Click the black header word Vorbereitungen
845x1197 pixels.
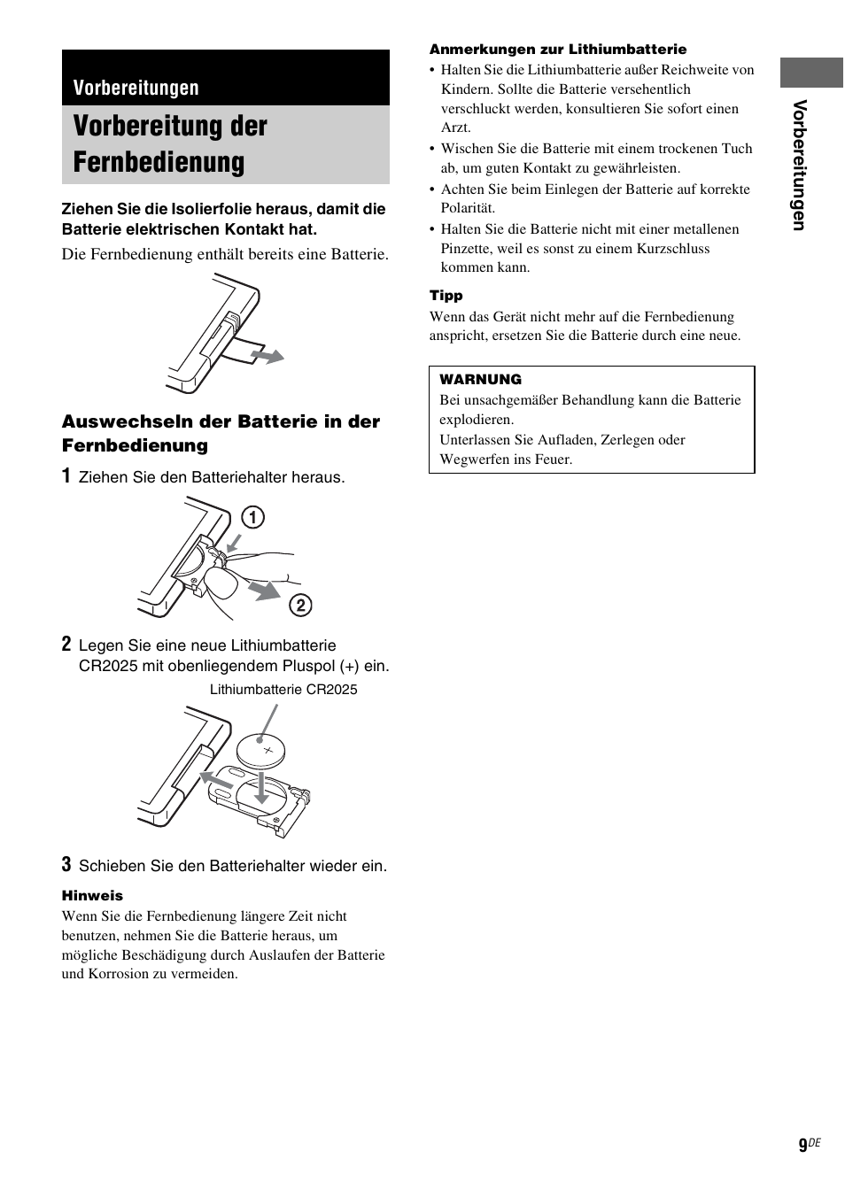tap(136, 88)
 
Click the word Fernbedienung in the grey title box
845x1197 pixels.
tap(159, 162)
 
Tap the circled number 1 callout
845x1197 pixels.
tap(253, 516)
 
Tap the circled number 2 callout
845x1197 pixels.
tap(301, 605)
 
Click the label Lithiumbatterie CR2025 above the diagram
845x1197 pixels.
tap(283, 690)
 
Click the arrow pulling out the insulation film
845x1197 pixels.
tap(267, 356)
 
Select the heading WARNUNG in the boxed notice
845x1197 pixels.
tap(480, 379)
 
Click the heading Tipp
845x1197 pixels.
tap(446, 296)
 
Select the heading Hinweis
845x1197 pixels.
tap(92, 895)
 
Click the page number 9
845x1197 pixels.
tap(802, 1146)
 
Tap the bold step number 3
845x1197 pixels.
tap(66, 864)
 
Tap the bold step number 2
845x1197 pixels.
tap(66, 645)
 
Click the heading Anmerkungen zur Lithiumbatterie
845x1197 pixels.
tap(558, 50)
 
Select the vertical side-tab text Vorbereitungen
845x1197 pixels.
tap(799, 166)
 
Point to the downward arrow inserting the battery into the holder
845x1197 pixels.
tap(260, 787)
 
